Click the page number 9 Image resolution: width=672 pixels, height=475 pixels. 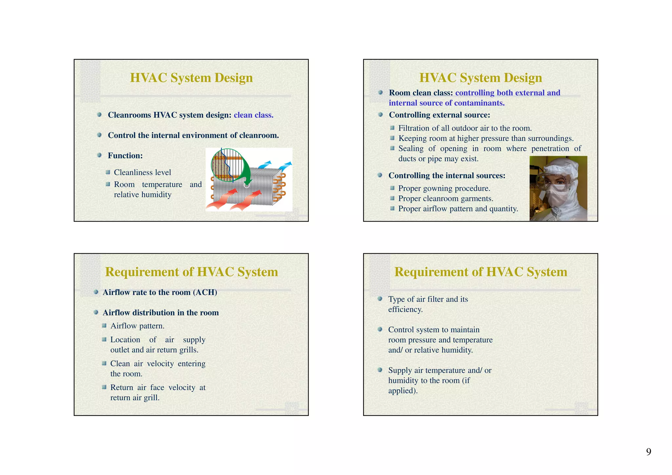click(x=648, y=452)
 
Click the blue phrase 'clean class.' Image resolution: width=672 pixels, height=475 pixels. click(x=253, y=115)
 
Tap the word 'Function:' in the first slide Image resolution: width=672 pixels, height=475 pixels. click(x=125, y=156)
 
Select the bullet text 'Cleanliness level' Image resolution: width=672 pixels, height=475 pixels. click(x=142, y=173)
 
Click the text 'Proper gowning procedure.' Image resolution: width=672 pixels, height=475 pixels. click(x=444, y=188)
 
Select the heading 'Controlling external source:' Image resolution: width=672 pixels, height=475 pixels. click(x=439, y=115)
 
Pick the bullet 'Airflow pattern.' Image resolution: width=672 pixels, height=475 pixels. click(x=137, y=326)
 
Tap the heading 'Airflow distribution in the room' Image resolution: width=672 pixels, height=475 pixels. click(x=160, y=313)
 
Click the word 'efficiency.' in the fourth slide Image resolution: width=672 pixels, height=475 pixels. click(x=405, y=310)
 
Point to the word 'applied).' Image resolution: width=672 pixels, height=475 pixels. click(x=403, y=391)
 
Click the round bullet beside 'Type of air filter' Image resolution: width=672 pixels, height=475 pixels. click(x=380, y=299)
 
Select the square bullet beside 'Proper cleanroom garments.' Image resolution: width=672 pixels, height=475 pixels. click(x=392, y=198)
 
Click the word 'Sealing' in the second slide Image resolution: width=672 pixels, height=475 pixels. click(x=411, y=149)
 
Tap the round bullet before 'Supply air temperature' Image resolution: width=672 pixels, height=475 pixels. click(x=380, y=370)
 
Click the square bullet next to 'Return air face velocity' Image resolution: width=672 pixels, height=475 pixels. click(x=104, y=387)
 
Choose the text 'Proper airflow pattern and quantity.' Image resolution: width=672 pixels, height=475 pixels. click(x=458, y=209)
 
